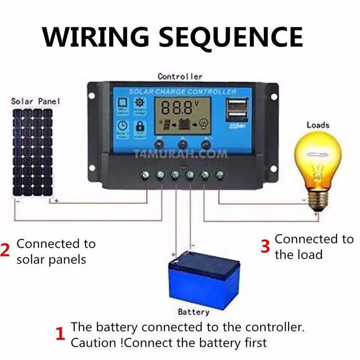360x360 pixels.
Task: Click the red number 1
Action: coord(60,334)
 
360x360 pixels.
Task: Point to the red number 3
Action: coord(265,246)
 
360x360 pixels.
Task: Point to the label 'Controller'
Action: coord(180,76)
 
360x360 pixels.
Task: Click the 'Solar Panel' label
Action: coord(35,101)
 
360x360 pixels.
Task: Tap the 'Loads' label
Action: coord(318,125)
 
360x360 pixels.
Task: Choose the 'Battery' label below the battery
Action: coord(194,312)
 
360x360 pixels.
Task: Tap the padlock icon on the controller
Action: coord(140,126)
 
